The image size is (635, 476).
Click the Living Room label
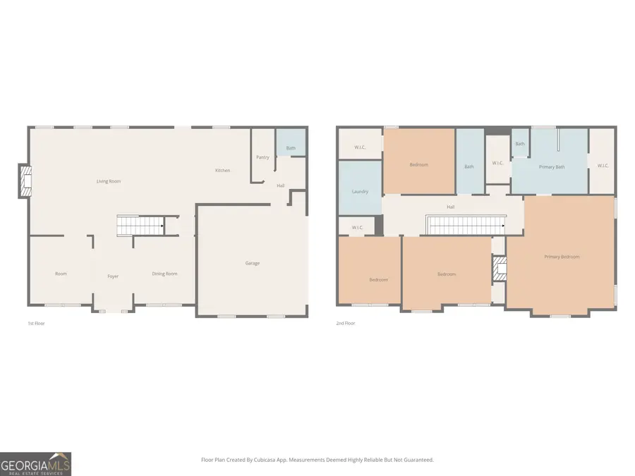coord(109,181)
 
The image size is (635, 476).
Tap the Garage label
coord(253,263)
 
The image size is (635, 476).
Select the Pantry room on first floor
coord(262,157)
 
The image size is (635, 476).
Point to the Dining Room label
coord(164,274)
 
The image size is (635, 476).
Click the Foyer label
coord(113,276)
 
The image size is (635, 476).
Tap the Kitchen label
coord(222,171)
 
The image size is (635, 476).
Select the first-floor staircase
coord(140,226)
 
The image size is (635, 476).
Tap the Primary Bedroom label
coord(562,257)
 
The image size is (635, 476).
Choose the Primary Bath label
coord(551,167)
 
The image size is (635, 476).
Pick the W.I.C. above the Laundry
coord(360,147)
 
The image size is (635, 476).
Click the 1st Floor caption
coord(37,323)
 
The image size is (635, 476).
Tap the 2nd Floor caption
coord(346,323)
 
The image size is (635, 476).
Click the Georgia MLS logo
coord(35,463)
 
